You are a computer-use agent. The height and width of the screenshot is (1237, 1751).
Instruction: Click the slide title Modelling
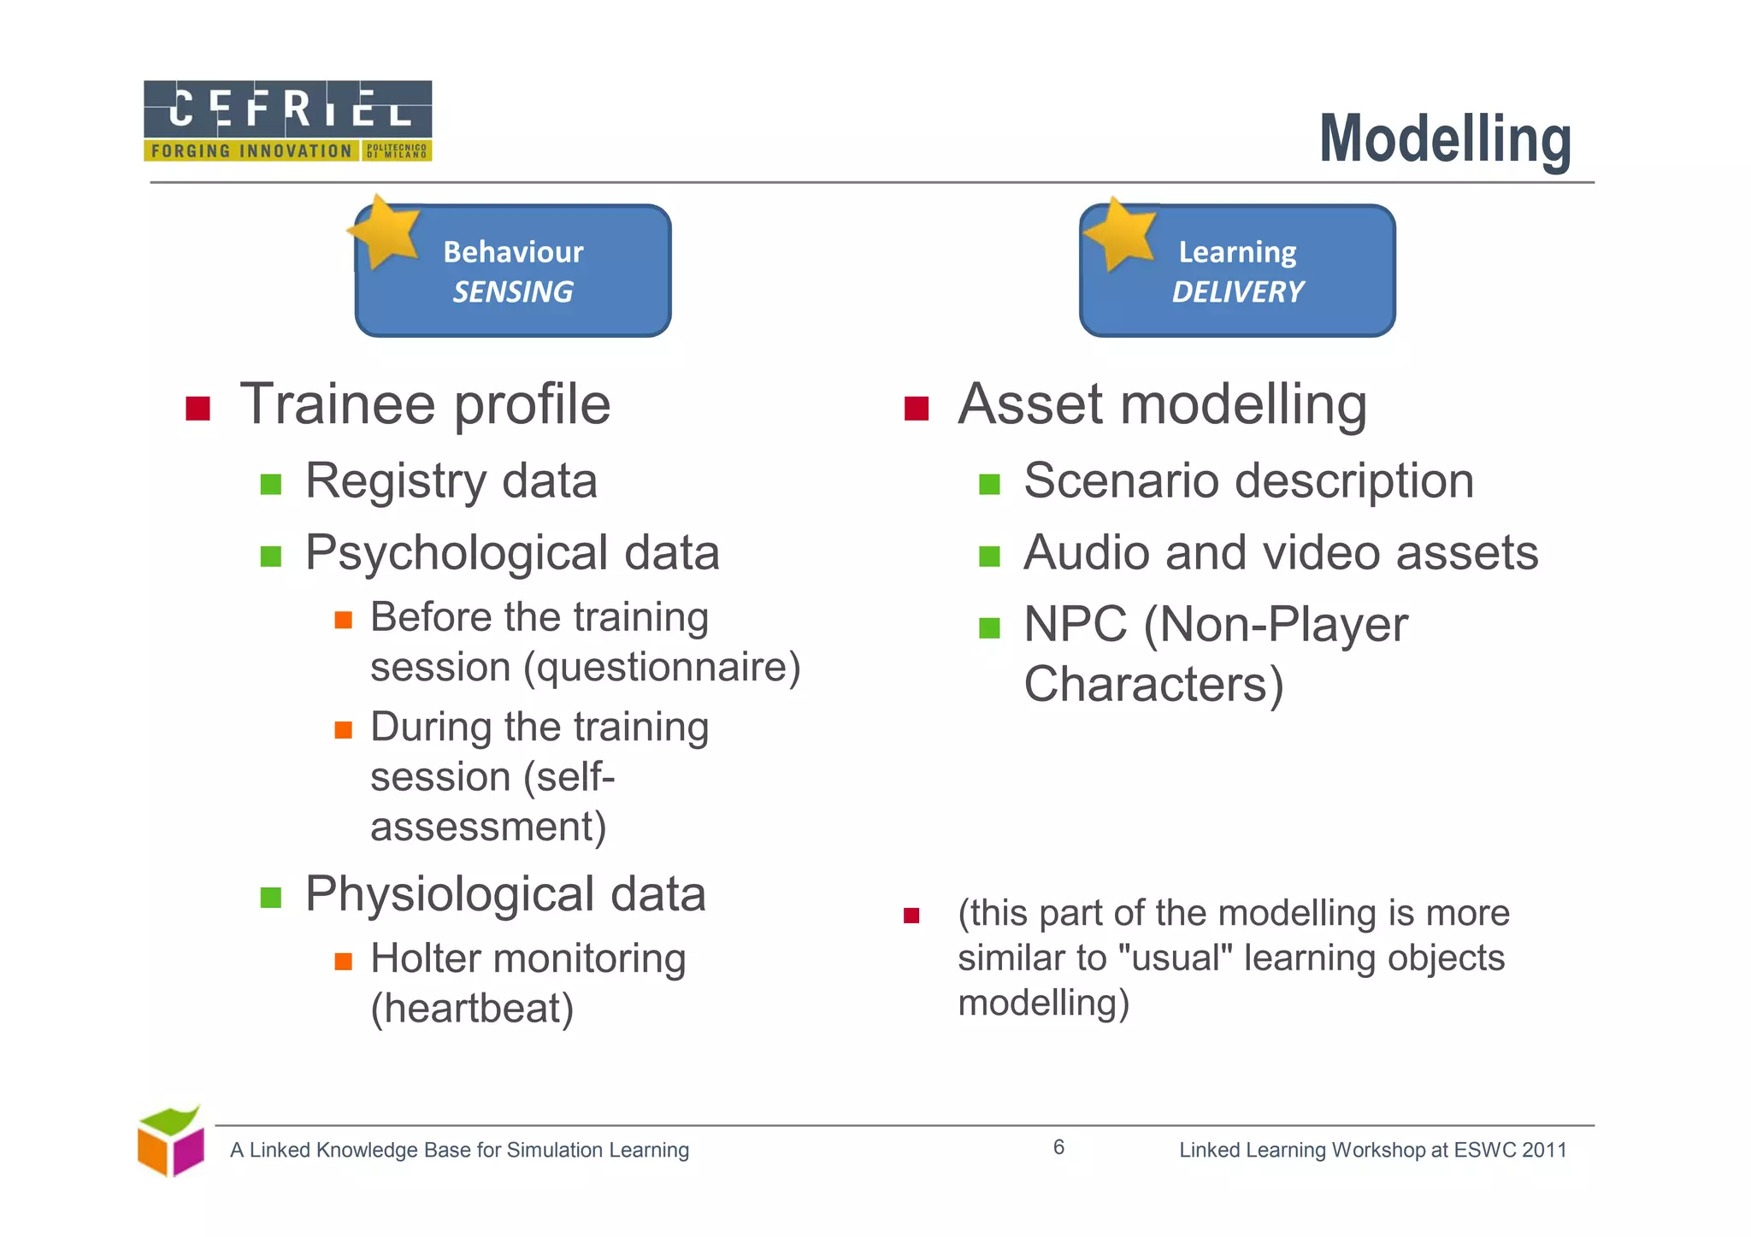[x=1444, y=139]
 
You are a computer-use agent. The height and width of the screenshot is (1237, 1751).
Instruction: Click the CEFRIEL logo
[x=287, y=121]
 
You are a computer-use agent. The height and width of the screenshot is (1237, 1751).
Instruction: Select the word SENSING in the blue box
[x=512, y=292]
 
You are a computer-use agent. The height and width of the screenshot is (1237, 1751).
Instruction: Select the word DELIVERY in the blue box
[x=1237, y=292]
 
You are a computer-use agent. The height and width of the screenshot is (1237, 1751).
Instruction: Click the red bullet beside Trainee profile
[x=198, y=409]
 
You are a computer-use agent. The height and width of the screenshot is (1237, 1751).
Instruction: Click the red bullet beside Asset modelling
[x=916, y=409]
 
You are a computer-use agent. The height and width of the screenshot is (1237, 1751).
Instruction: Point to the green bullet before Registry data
[x=271, y=485]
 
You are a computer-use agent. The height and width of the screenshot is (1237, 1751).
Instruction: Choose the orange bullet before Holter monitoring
[x=343, y=962]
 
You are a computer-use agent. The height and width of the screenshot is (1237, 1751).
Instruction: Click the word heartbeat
[x=472, y=1008]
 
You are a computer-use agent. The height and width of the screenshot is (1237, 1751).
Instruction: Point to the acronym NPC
[x=1075, y=625]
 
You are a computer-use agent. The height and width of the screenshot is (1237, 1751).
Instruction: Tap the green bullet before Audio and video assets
[x=989, y=557]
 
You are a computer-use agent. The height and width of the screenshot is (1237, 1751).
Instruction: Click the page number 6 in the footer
[x=1058, y=1147]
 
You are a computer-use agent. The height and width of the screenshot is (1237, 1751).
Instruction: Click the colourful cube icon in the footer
[x=171, y=1142]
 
